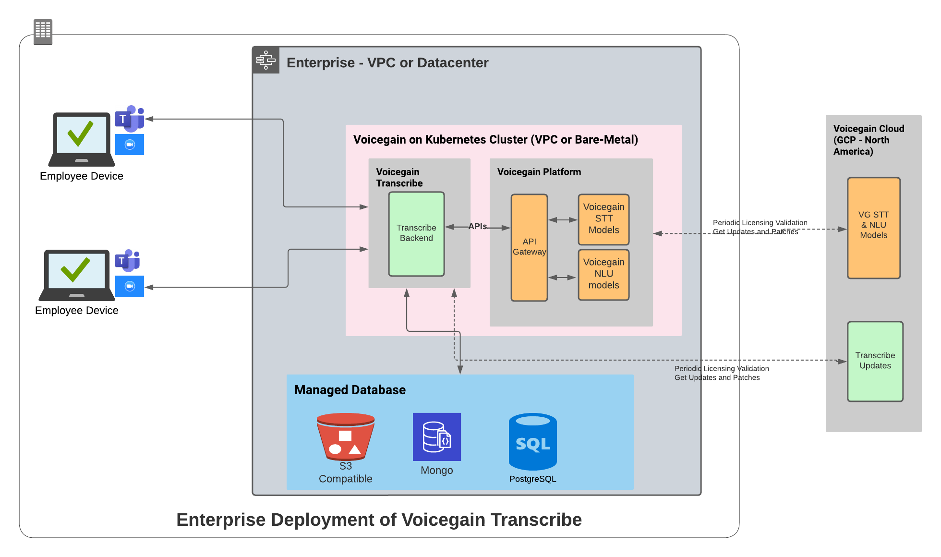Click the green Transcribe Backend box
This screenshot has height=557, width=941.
coord(416,234)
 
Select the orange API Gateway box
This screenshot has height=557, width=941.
coord(529,247)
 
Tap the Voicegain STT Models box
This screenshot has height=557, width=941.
coord(603,219)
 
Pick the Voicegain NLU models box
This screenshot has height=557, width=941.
coord(603,274)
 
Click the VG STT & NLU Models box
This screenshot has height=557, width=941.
coord(873,228)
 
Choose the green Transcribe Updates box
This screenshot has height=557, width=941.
coord(875,361)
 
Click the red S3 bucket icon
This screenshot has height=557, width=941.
coord(345,436)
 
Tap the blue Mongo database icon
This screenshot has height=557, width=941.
coord(436,436)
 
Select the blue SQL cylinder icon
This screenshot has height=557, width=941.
coord(532,441)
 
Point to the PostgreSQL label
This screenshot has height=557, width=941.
coord(532,479)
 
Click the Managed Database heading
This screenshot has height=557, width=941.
coord(350,390)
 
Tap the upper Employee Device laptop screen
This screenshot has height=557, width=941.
coord(81,134)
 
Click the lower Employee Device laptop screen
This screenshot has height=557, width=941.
coord(76,270)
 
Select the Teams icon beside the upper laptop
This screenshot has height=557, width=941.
coord(129,118)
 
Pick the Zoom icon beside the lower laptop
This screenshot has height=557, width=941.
coord(130,286)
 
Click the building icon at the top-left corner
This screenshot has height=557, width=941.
coord(43,32)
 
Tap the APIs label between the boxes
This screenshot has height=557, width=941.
coord(477,226)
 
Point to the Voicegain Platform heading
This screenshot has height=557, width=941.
coord(539,172)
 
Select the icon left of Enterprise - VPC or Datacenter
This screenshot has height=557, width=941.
coord(265,60)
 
